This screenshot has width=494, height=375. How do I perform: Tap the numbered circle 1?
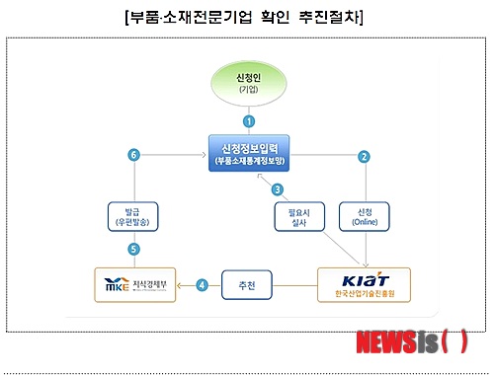click(249, 120)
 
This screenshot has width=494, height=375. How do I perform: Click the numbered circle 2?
click(364, 156)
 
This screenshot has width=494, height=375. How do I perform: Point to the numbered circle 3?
click(278, 188)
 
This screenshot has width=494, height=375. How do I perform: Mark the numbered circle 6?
click(134, 154)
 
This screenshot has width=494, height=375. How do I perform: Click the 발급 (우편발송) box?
click(134, 215)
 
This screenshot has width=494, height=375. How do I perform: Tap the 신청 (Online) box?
click(364, 215)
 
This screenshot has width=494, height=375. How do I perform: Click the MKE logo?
click(117, 285)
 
